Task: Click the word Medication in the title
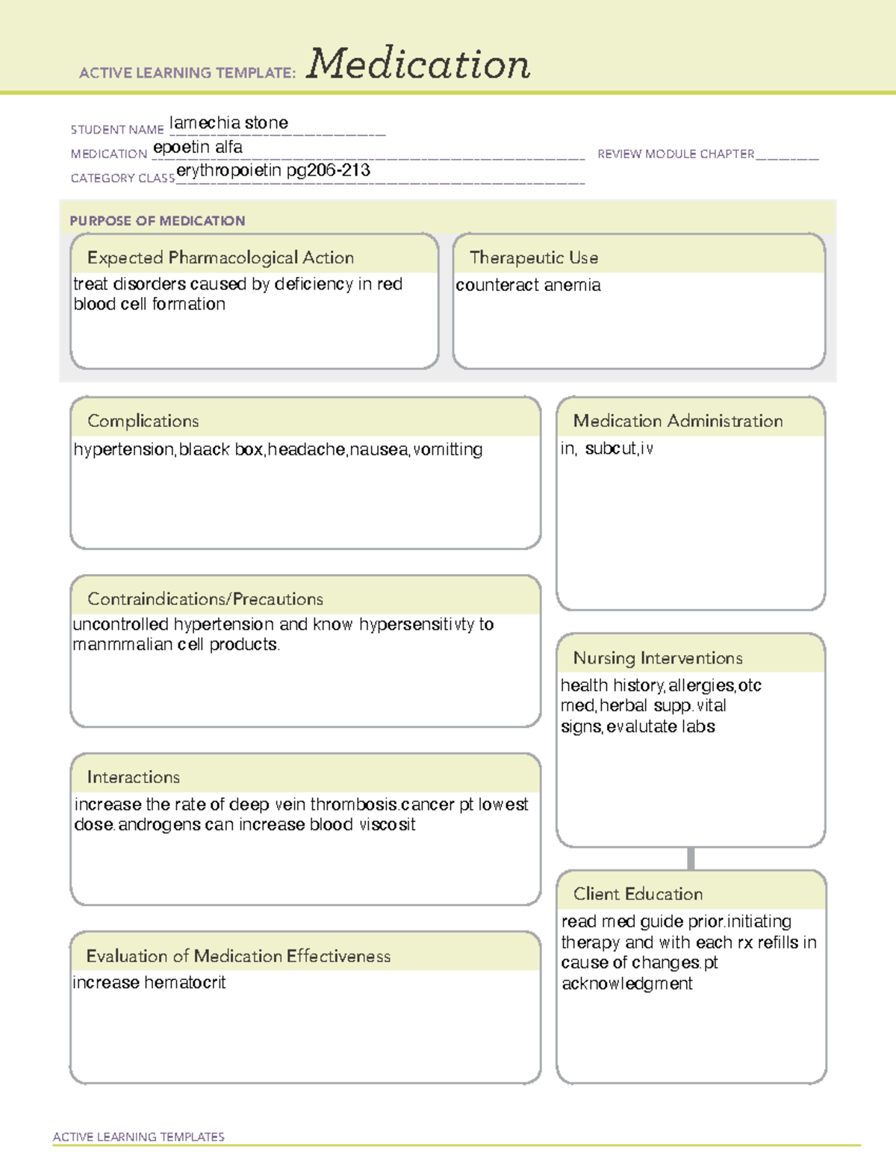418,64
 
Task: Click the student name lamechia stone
228,123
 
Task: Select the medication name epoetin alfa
198,148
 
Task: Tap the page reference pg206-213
329,171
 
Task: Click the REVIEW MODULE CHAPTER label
676,154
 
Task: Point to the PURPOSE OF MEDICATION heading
157,221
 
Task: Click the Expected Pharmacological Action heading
220,258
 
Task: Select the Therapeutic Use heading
533,258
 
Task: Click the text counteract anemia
528,285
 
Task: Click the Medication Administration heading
677,422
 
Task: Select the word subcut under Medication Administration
610,449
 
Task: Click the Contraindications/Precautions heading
205,599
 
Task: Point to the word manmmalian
122,645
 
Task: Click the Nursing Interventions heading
657,658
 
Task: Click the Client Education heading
638,894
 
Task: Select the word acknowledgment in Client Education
626,984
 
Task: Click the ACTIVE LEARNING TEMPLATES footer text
139,1137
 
